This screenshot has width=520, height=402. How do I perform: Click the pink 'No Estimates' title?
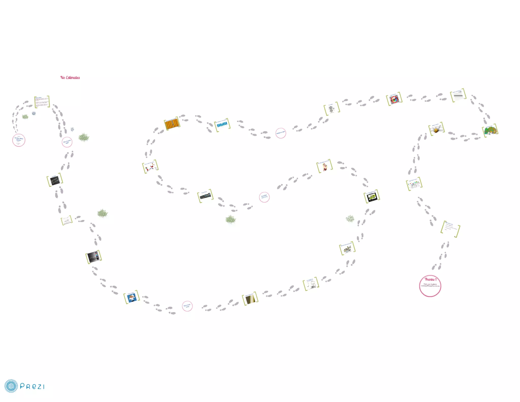70,78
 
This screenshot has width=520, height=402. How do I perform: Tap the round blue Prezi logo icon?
11,386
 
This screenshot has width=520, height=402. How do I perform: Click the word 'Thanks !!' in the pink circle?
431,280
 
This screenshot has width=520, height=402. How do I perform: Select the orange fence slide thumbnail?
172,125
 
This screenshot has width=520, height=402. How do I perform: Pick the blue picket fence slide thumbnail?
222,125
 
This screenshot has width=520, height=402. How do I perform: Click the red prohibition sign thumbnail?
394,99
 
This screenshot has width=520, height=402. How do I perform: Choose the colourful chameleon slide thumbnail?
490,131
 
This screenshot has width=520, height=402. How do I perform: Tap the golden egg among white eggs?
436,130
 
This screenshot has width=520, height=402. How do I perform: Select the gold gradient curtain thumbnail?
250,299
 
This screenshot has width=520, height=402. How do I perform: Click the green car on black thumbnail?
372,197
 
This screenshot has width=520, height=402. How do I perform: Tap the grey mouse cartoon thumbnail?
332,109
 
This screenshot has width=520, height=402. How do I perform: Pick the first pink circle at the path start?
19,140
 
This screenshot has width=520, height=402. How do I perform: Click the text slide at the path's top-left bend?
42,102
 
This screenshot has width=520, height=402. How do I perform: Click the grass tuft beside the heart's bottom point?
231,219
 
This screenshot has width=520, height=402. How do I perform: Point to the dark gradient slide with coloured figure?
93,257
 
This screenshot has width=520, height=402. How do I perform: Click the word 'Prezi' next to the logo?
32,386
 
